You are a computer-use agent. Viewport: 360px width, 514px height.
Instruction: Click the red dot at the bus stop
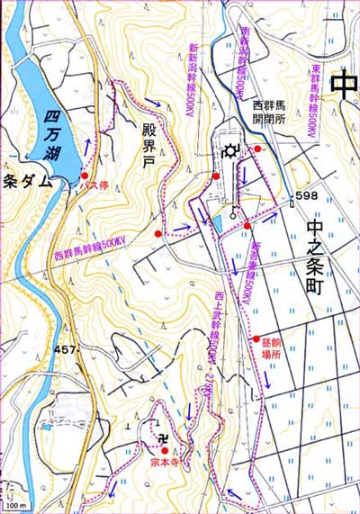click(x=84, y=176)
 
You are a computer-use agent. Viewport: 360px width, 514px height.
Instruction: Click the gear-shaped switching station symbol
click(x=232, y=150)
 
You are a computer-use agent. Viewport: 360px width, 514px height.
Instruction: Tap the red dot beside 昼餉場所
click(x=256, y=338)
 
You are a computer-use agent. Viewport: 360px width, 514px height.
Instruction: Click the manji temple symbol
click(x=163, y=439)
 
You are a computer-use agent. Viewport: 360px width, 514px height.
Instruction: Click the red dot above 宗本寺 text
click(x=165, y=450)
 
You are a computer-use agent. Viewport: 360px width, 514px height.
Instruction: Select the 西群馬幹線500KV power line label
click(x=89, y=251)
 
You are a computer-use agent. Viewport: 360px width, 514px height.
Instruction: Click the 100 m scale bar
click(x=16, y=506)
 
